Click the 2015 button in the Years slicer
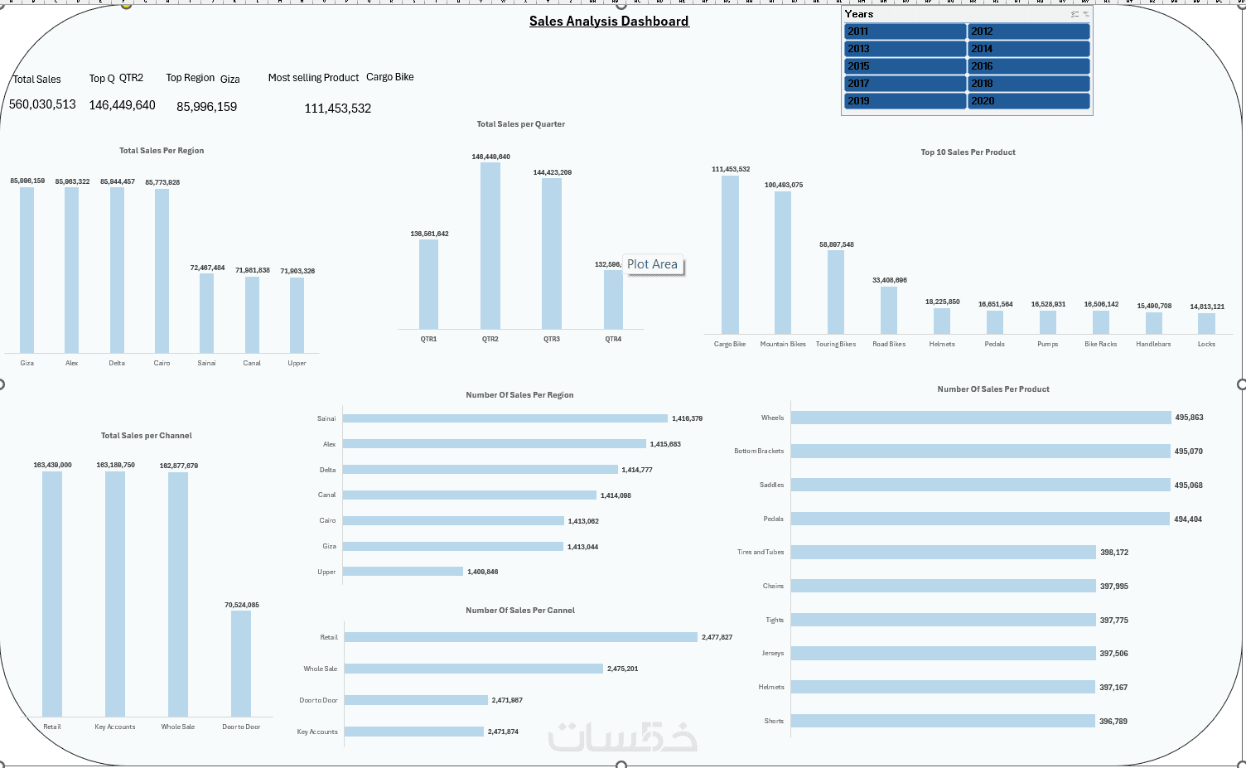coord(905,66)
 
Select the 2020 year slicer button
coord(1028,101)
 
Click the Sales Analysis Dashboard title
coord(609,22)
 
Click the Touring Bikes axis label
coord(836,344)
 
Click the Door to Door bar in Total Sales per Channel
coord(241,663)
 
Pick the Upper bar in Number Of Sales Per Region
coord(403,572)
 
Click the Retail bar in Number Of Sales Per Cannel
coord(520,637)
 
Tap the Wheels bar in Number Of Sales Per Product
coord(981,418)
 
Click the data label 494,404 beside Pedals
coord(1188,519)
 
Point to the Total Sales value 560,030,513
coord(42,104)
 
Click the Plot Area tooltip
coord(653,264)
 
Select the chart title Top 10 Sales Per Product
coord(968,152)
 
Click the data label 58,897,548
coord(836,244)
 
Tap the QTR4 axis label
coord(613,339)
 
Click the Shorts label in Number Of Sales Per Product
coord(774,721)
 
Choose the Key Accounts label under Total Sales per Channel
coord(115,727)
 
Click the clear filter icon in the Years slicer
coord(1085,14)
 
